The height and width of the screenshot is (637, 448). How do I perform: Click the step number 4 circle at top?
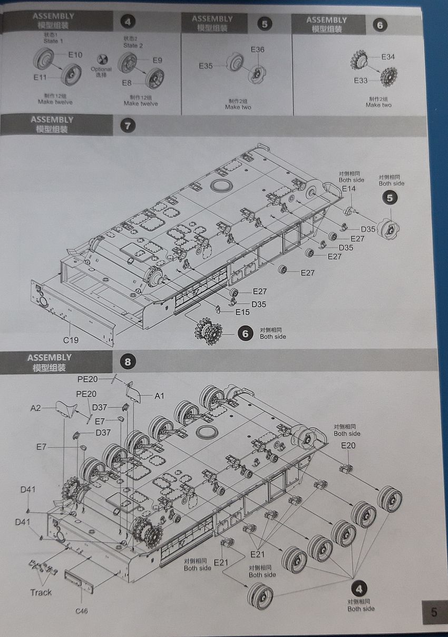click(x=128, y=22)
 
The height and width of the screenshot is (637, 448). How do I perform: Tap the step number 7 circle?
click(x=128, y=125)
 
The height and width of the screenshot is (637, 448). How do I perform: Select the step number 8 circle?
click(x=127, y=362)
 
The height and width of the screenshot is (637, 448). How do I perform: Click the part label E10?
click(x=75, y=54)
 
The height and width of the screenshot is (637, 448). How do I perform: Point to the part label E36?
click(x=258, y=50)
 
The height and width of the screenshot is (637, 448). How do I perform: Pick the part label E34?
click(x=388, y=57)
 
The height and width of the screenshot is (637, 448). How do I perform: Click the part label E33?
click(x=361, y=81)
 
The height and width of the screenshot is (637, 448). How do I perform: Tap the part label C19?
click(x=71, y=340)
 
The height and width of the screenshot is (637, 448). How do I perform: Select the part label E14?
click(x=349, y=189)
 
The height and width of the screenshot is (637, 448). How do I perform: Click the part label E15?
click(x=242, y=312)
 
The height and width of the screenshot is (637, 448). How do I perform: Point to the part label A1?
click(x=159, y=396)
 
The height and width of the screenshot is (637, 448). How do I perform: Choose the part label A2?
click(x=36, y=408)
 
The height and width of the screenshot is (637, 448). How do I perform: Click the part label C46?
click(x=82, y=611)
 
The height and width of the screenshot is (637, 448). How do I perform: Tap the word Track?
click(x=41, y=592)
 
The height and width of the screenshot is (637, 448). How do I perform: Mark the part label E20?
click(x=348, y=445)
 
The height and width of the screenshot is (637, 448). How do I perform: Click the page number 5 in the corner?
click(x=434, y=612)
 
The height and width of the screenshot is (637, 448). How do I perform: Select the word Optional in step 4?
click(x=101, y=69)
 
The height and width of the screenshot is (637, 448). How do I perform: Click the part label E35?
click(x=206, y=66)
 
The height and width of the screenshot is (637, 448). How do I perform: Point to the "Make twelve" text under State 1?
click(x=55, y=101)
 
